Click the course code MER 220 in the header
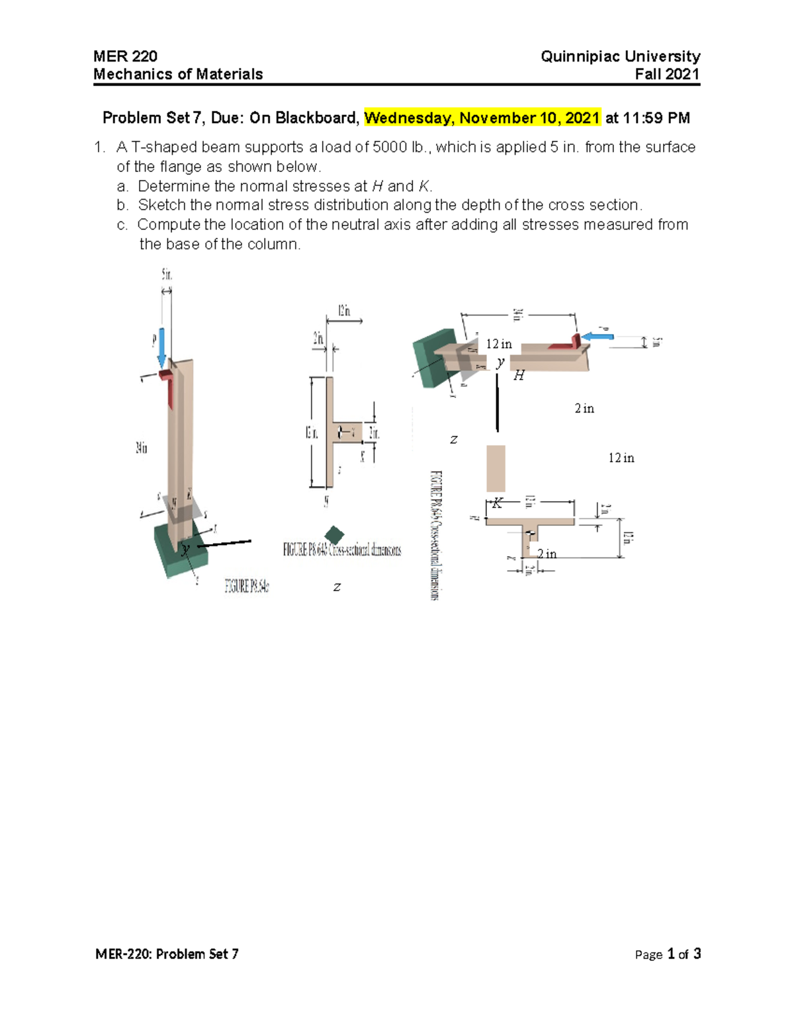(x=125, y=56)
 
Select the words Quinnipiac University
(x=620, y=56)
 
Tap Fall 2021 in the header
(x=667, y=74)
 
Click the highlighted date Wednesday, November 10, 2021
(x=482, y=118)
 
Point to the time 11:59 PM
(x=656, y=118)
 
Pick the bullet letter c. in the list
(x=122, y=225)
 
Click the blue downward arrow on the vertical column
(x=161, y=348)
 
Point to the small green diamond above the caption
(x=335, y=534)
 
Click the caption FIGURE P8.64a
(x=247, y=586)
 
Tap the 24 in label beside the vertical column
(x=142, y=448)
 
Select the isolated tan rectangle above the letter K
(x=496, y=468)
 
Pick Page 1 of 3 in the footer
(x=668, y=954)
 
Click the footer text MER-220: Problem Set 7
(x=167, y=954)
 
